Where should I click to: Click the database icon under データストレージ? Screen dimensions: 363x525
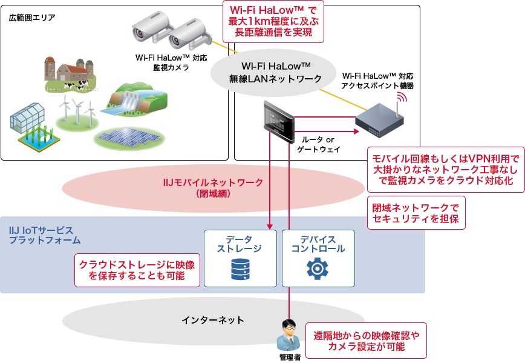[240, 269]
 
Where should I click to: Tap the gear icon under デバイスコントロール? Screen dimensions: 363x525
[318, 268]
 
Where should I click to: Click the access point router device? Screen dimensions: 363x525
[379, 122]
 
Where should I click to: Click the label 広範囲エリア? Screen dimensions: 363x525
[31, 18]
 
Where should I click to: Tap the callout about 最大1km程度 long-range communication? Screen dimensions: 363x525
[274, 21]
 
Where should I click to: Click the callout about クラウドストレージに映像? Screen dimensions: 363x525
[137, 270]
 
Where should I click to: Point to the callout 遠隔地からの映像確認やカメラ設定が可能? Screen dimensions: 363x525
[367, 341]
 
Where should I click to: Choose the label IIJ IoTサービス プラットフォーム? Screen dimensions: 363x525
[41, 235]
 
